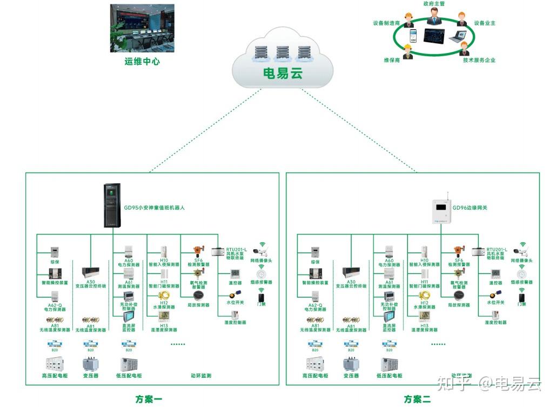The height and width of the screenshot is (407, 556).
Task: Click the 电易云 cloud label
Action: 282,72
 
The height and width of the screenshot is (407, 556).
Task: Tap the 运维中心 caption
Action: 142,62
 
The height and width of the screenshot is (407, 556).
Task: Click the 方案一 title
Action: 149,399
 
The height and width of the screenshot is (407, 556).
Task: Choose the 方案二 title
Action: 417,399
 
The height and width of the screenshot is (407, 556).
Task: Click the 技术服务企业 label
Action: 479,61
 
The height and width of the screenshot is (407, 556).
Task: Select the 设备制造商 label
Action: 386,23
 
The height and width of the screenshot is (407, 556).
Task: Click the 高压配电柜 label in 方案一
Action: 54,376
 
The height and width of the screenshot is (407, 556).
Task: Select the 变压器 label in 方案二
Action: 351,376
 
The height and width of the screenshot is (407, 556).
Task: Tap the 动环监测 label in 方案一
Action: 201,376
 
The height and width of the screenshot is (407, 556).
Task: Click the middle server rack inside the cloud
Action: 283,53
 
